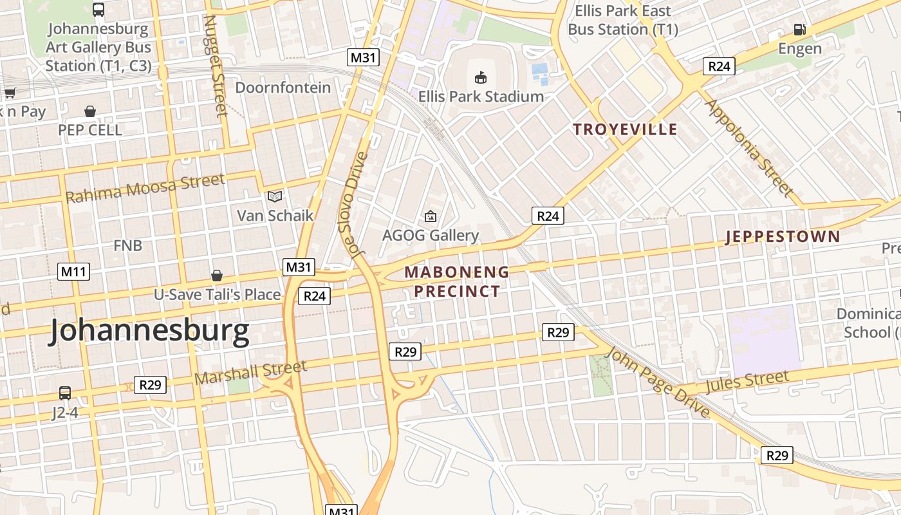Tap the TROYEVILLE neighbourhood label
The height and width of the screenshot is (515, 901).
coord(625,129)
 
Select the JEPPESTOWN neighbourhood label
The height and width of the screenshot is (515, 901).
coord(783,237)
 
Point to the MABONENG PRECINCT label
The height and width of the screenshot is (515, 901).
coord(457,281)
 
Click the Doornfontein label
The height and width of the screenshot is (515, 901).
coord(283,88)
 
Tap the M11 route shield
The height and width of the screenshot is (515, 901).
coord(73,272)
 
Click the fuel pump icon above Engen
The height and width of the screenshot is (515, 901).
coord(799,30)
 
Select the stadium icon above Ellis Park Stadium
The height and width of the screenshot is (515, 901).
coord(480,78)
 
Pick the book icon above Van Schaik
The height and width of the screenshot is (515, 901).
coord(275,196)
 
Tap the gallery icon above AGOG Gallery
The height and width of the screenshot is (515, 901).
coord(430,216)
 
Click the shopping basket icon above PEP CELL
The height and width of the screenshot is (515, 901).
coord(90,111)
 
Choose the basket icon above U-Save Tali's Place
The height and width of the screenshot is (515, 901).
coord(217,276)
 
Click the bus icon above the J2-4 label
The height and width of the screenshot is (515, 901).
coord(65,393)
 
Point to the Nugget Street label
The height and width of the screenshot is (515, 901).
coord(216,64)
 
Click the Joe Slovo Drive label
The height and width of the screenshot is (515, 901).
coord(353,205)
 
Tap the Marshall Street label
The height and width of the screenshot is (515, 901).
coord(251,372)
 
